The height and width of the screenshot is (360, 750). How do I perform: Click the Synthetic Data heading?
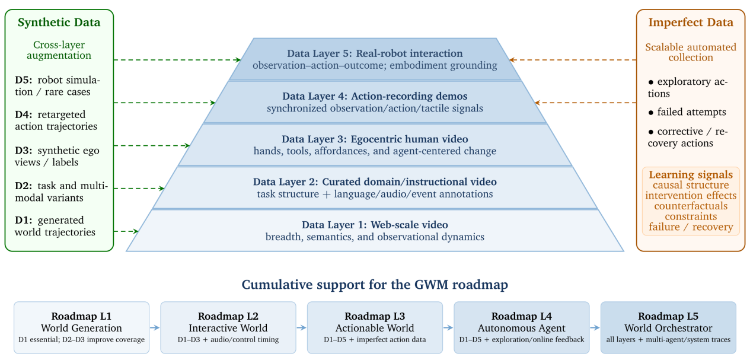[x=59, y=23]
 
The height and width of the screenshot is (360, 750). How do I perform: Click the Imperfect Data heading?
[x=691, y=23]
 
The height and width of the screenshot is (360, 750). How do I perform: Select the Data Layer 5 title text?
[x=375, y=53]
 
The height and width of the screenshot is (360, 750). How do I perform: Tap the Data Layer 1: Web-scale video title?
[x=375, y=225]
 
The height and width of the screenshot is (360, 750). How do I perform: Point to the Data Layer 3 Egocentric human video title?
[x=375, y=139]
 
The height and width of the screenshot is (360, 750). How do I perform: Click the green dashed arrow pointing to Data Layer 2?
[x=139, y=189]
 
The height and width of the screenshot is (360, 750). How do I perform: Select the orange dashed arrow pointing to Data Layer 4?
[x=585, y=103]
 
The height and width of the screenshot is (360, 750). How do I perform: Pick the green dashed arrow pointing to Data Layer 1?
[x=126, y=231]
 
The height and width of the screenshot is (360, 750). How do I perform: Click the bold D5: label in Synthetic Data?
[x=24, y=81]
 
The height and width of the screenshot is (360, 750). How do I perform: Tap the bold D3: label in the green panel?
[x=24, y=151]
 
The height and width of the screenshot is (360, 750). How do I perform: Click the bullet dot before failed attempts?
[x=650, y=113]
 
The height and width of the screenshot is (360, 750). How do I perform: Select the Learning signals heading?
[x=691, y=174]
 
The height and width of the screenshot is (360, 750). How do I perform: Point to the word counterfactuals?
[x=691, y=206]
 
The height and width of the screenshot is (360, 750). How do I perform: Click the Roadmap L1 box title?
[x=81, y=316]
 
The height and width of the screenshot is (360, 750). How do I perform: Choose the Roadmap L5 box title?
[x=668, y=316]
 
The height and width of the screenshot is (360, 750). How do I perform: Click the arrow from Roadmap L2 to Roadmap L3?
[x=301, y=328]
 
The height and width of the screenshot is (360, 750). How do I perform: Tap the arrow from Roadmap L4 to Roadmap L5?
[x=595, y=328]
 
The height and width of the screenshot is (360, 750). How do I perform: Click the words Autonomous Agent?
[x=521, y=328]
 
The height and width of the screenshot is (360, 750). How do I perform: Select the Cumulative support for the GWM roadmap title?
[x=375, y=285]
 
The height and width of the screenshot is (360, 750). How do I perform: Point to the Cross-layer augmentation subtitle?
[x=59, y=50]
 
